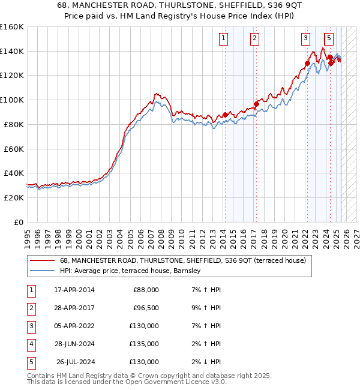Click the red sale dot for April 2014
225,115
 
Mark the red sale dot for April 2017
256,104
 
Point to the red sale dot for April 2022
307,63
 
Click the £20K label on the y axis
14,197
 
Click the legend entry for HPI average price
133,271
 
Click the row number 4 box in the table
31,344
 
